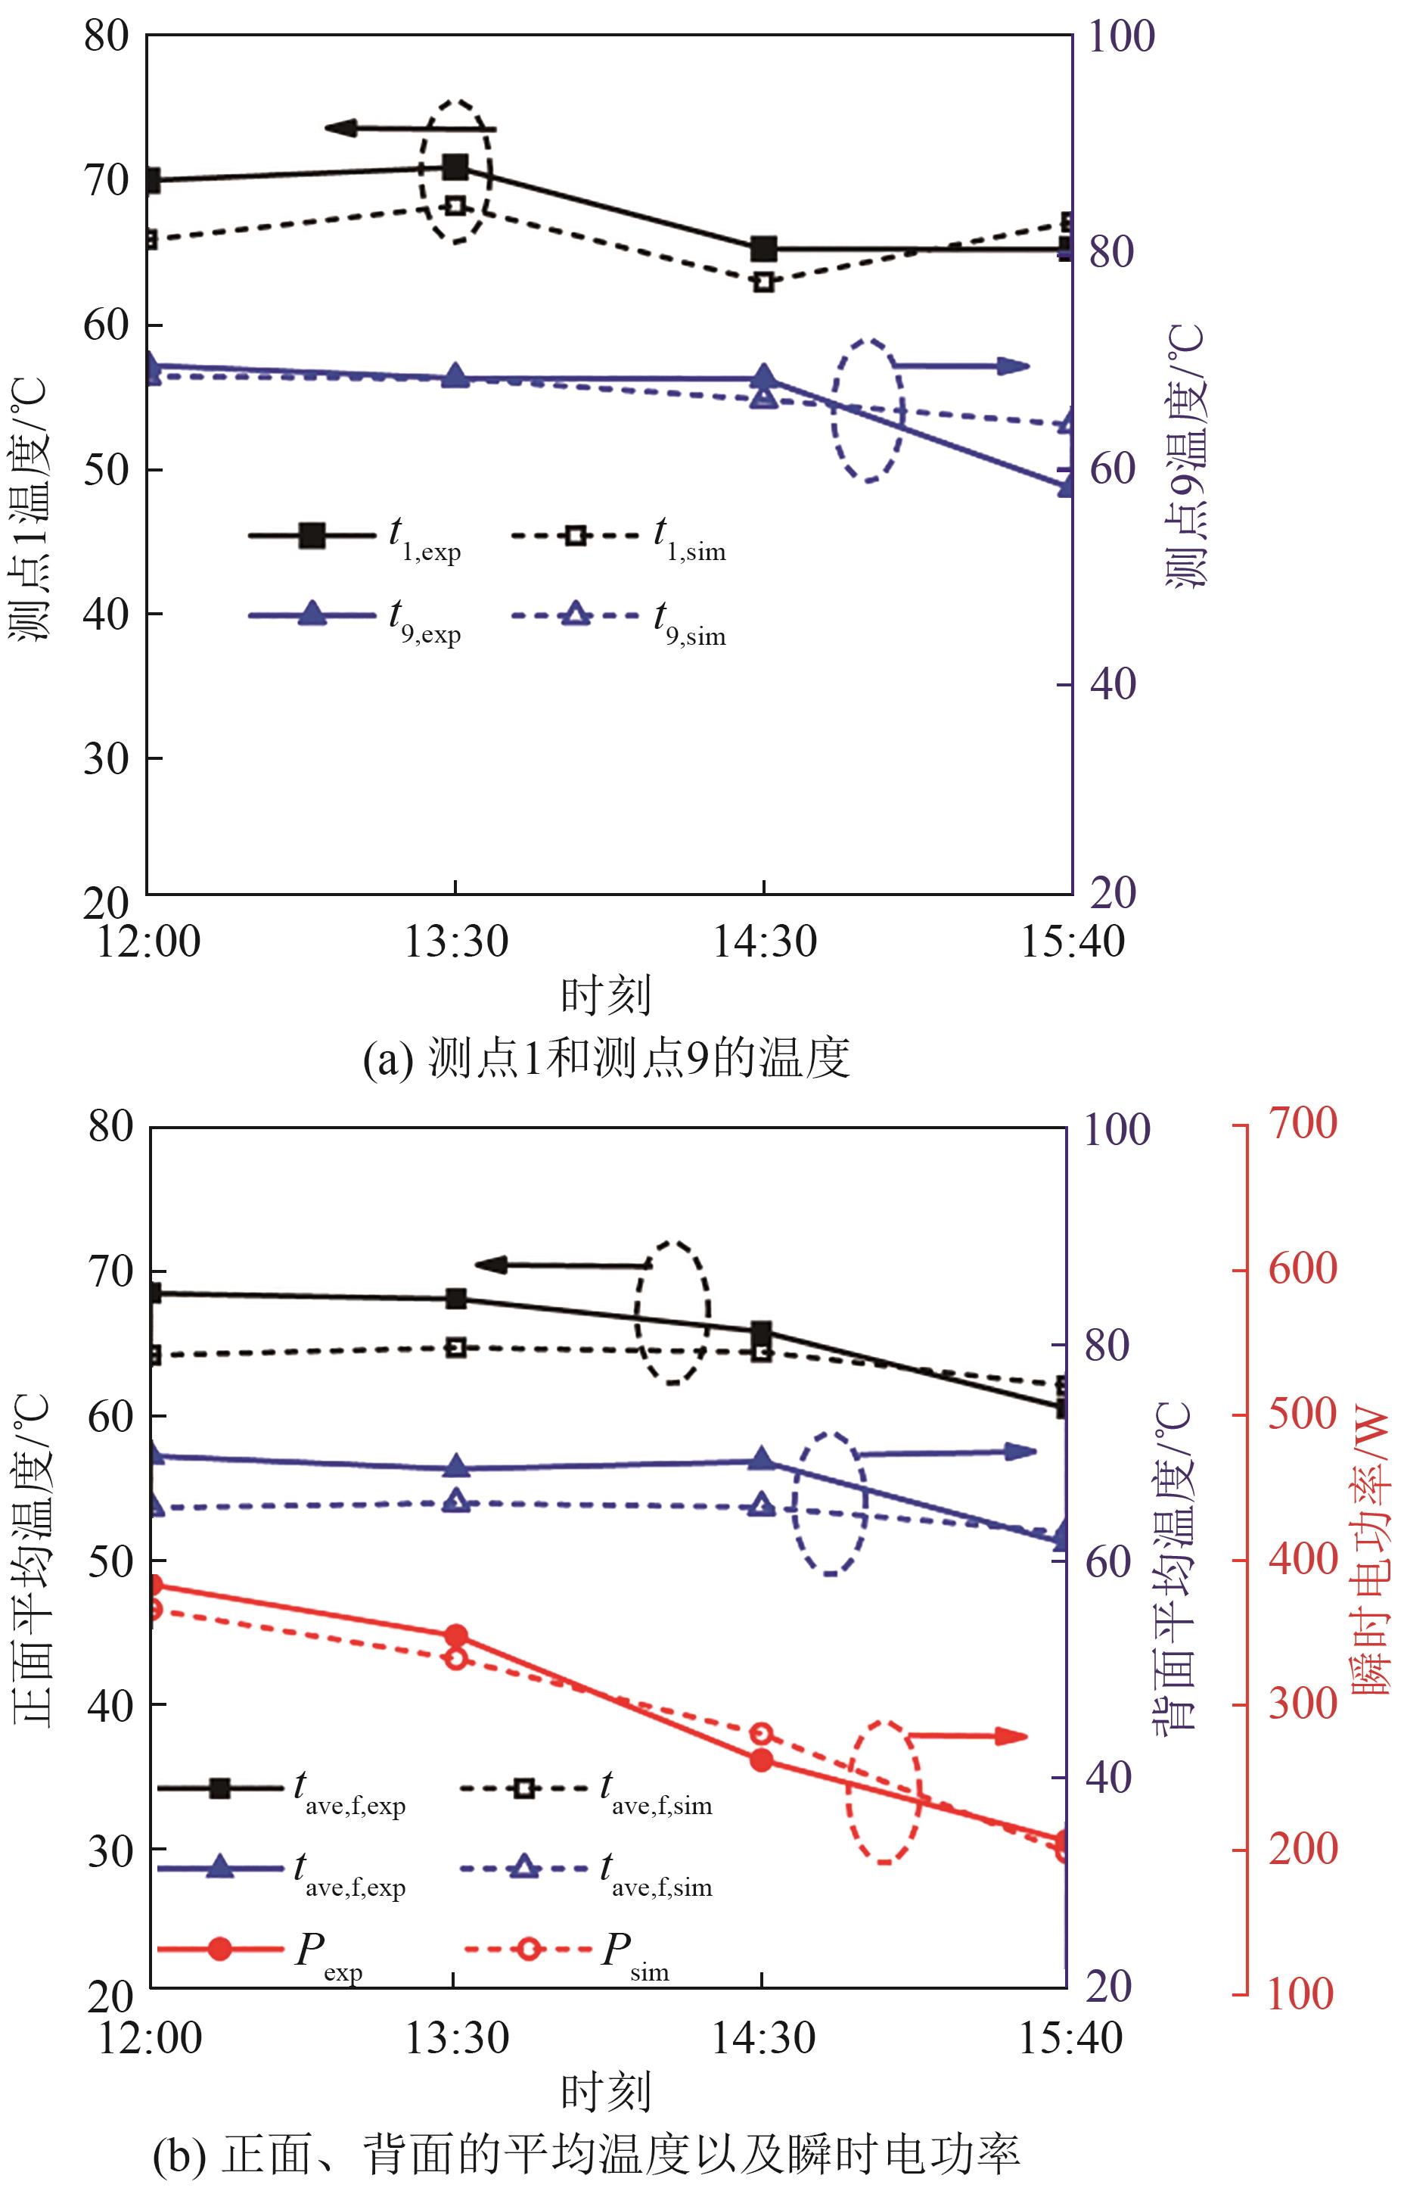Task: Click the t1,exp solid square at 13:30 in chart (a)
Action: pyautogui.click(x=455, y=166)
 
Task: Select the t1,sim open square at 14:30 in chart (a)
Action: pyautogui.click(x=764, y=281)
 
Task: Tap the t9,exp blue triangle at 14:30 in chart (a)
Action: pyautogui.click(x=764, y=378)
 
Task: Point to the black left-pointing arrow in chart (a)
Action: pyautogui.click(x=409, y=129)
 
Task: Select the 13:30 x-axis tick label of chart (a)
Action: pyautogui.click(x=455, y=941)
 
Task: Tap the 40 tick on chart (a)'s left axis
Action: pyautogui.click(x=107, y=614)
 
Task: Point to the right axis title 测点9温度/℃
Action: pyautogui.click(x=1186, y=456)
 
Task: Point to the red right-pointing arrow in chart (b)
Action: pyautogui.click(x=967, y=1736)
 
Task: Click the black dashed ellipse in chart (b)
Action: pyautogui.click(x=672, y=1313)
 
